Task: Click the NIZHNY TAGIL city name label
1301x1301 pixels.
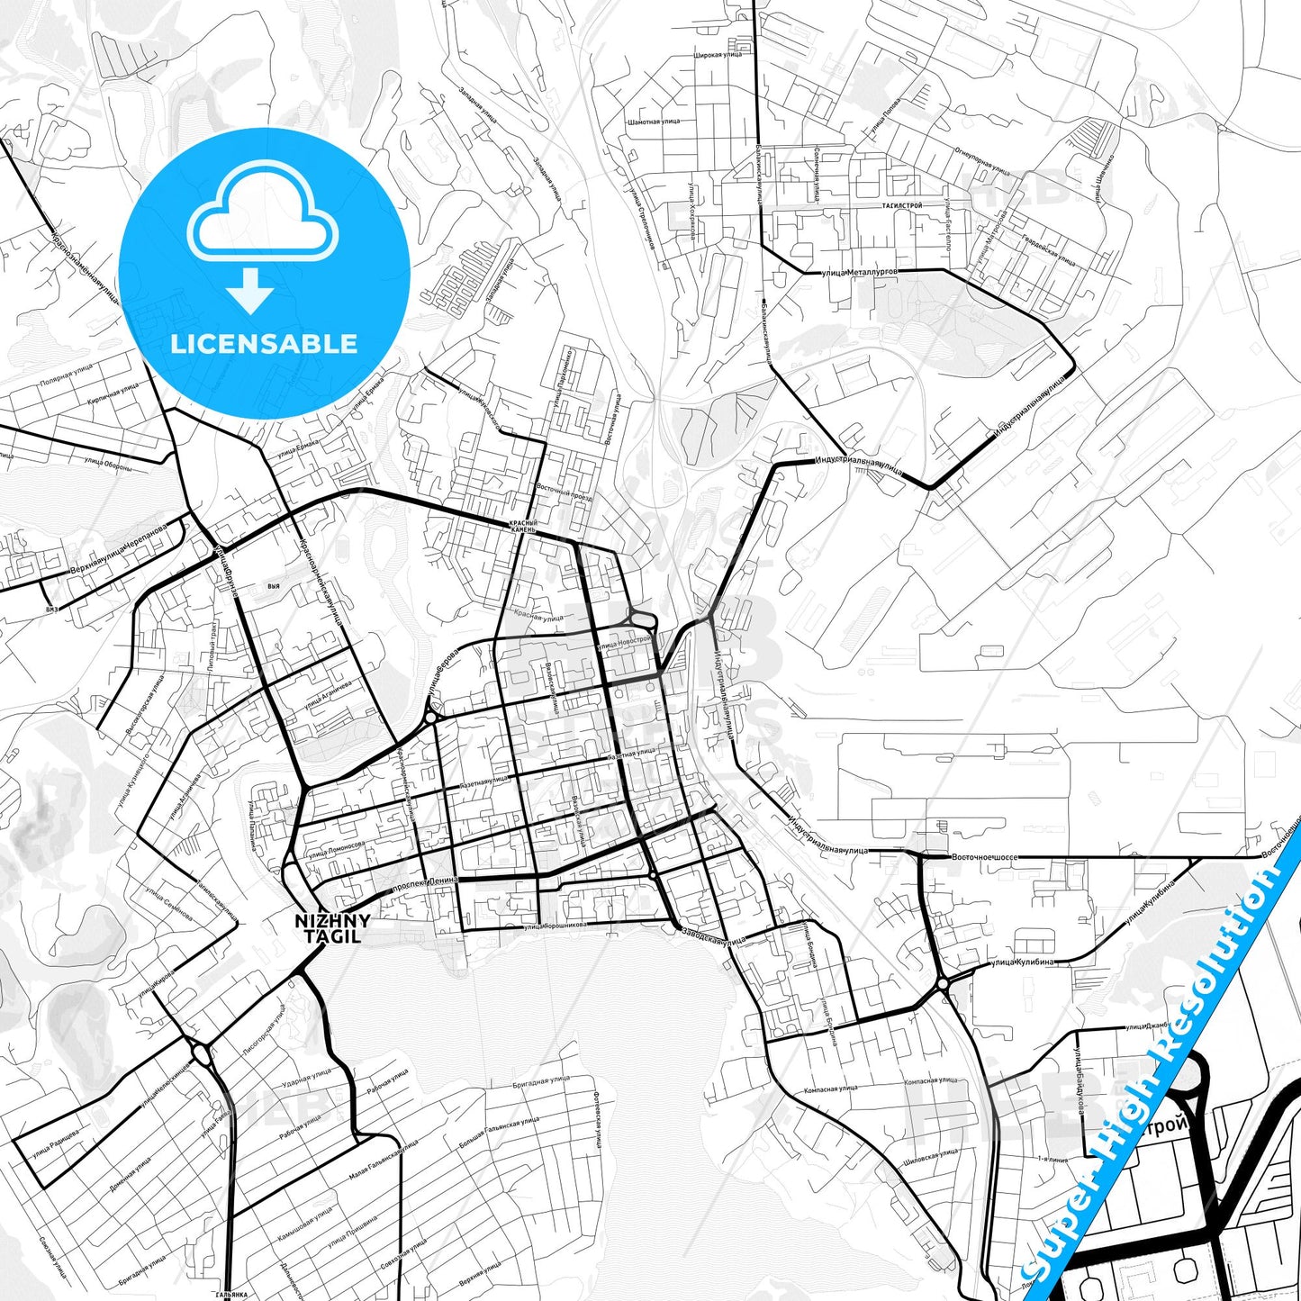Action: coord(332,928)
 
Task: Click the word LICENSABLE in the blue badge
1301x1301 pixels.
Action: coord(264,343)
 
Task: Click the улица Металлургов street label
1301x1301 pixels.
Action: coord(859,272)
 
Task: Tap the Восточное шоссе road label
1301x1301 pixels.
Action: coord(984,857)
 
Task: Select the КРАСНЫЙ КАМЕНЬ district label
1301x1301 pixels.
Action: coord(523,527)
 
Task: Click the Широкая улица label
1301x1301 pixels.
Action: coord(718,55)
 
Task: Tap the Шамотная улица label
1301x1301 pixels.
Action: coord(654,122)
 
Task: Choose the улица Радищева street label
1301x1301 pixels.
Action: coord(56,1140)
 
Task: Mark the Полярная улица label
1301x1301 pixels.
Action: coord(66,375)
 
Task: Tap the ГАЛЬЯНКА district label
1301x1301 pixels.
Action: coord(231,1295)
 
